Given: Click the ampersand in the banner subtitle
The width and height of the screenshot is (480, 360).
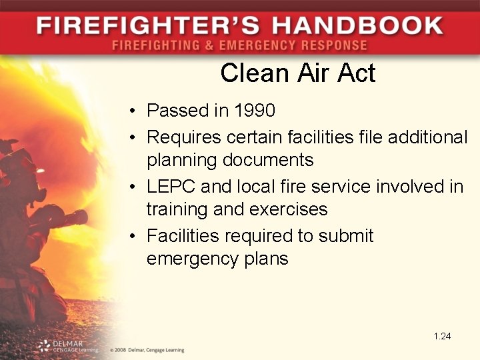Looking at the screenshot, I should [x=215, y=46].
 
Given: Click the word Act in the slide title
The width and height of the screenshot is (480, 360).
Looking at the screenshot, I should [x=355, y=73].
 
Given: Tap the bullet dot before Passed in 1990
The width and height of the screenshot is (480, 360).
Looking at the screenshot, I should [x=134, y=111].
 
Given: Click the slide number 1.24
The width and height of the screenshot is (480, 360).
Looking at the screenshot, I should [x=442, y=336].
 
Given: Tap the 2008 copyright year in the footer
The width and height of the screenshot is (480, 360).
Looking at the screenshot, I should [x=121, y=349].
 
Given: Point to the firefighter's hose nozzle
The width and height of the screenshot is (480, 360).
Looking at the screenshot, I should [x=77, y=217].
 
